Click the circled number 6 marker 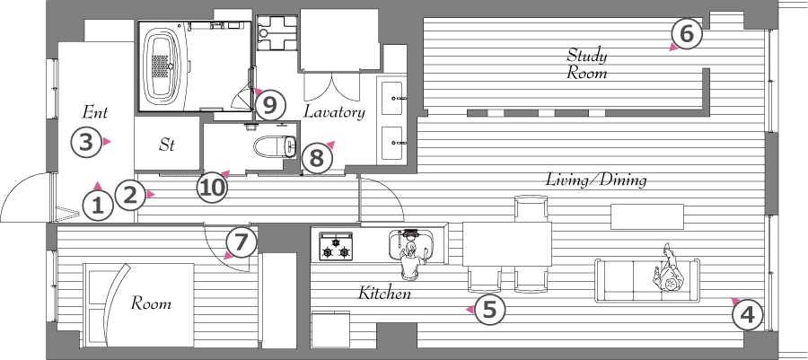687,34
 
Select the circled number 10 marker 212,187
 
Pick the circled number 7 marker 242,243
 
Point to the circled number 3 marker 85,142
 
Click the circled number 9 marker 270,105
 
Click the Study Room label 587,64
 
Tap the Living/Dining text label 596,180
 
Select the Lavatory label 334,111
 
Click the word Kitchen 384,294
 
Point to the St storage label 166,145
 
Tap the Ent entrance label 95,111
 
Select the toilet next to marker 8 276,145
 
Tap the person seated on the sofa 668,272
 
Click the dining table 507,243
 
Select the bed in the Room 138,305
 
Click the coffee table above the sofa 647,216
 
